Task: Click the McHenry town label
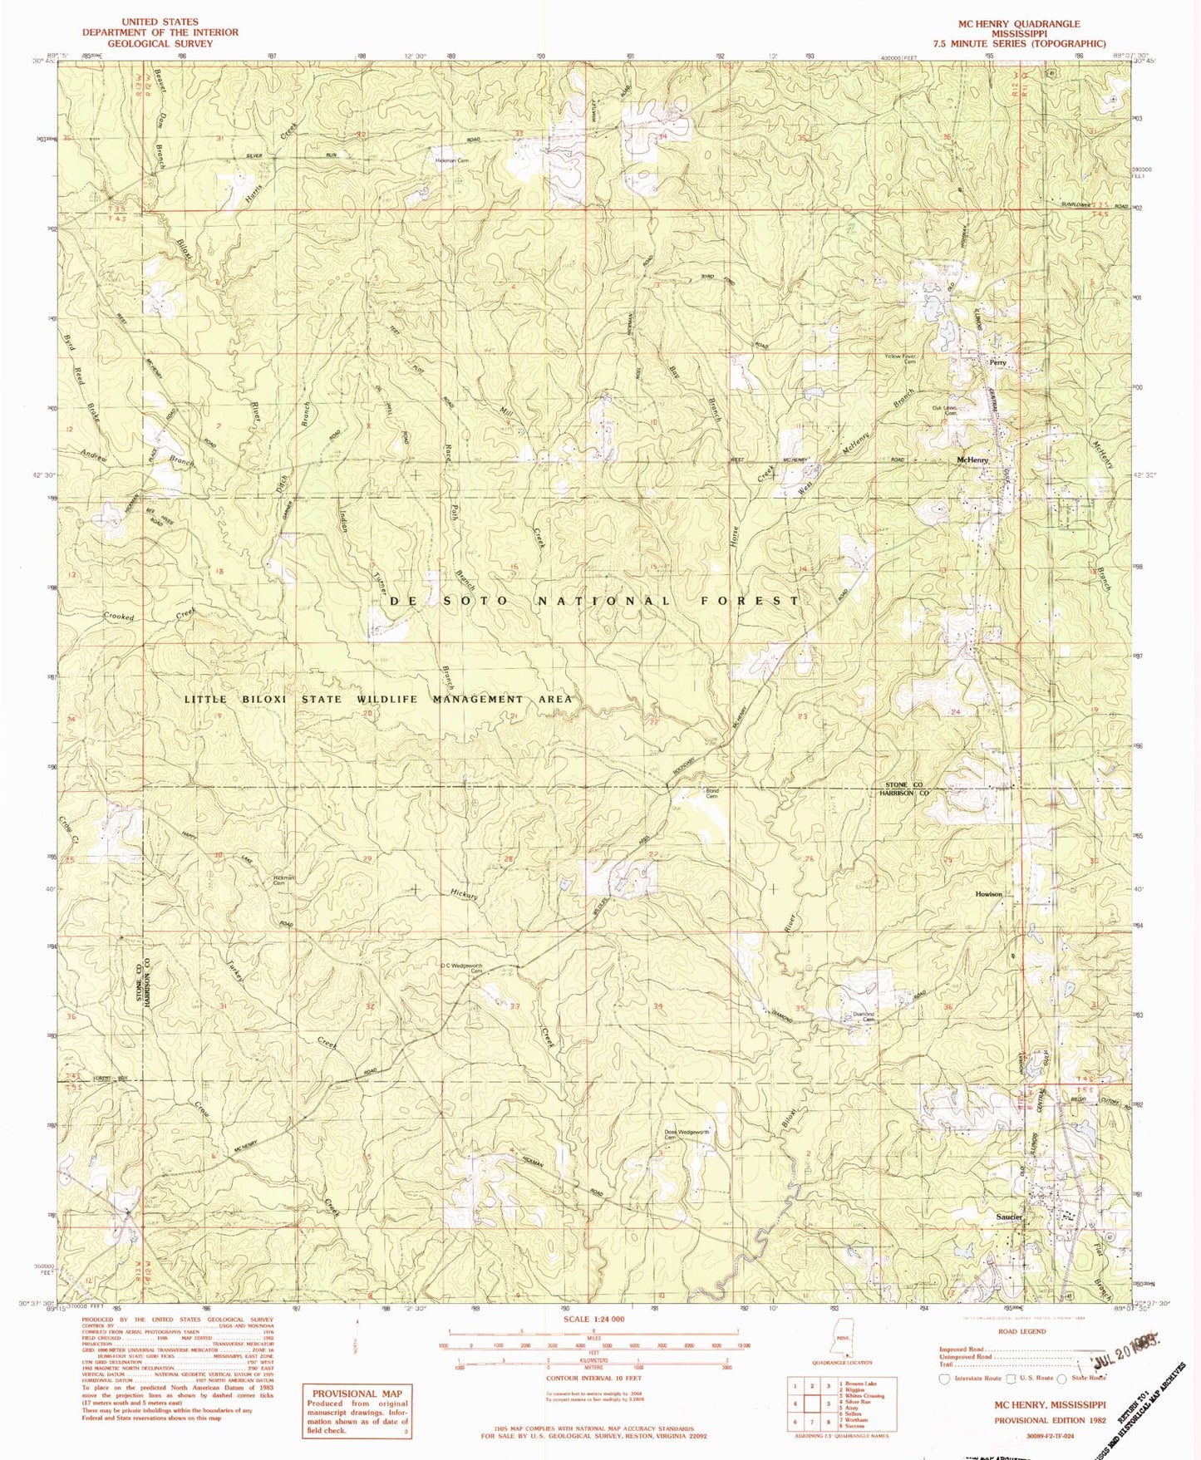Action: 972,460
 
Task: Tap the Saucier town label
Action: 1008,1217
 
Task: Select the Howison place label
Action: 988,894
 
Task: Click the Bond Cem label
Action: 711,794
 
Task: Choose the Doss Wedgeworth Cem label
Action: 686,1135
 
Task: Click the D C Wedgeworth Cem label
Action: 462,967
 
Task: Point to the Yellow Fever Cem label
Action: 900,359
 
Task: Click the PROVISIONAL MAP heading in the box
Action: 357,1394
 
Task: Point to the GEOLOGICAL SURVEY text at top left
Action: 160,43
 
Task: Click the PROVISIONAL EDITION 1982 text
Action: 1050,1420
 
